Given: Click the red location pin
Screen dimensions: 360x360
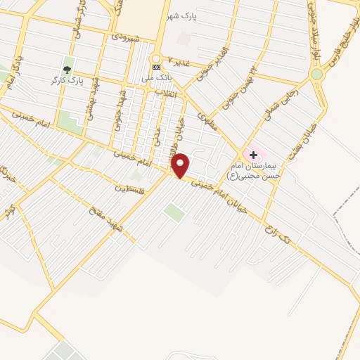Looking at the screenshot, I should click(180, 166).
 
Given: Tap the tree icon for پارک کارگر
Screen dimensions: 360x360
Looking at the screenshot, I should click(67, 69).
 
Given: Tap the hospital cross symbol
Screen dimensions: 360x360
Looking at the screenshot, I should click(253, 154).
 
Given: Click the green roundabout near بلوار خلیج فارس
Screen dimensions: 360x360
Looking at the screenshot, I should click(316, 74).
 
